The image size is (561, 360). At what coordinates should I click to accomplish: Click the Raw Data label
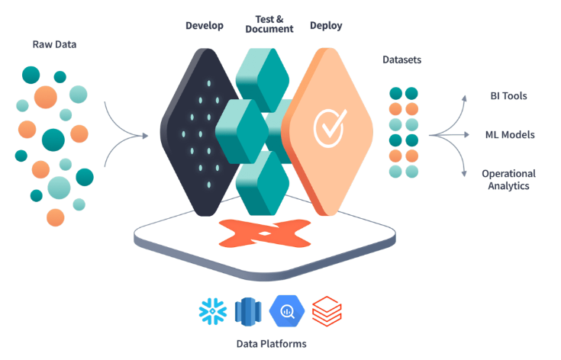[x=54, y=45]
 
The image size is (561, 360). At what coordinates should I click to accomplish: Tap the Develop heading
[x=205, y=26]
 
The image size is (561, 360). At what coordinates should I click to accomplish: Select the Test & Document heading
[x=269, y=23]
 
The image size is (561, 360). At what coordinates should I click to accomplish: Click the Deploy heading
[x=326, y=26]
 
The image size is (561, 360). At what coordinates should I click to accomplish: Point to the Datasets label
[x=401, y=59]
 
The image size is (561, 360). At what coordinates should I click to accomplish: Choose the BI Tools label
[x=508, y=96]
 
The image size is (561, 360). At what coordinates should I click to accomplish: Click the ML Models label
[x=510, y=135]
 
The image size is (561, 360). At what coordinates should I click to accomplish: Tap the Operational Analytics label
[x=508, y=179]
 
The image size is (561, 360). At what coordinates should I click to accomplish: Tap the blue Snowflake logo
[x=211, y=311]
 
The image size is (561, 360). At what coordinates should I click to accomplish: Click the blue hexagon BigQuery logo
[x=288, y=311]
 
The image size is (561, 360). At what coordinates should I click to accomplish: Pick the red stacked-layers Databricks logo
[x=327, y=311]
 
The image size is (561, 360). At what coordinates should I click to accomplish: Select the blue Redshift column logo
[x=249, y=311]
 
